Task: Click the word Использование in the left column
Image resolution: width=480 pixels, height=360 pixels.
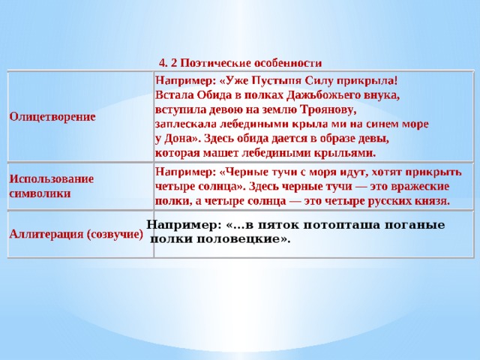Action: [x=51, y=179]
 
